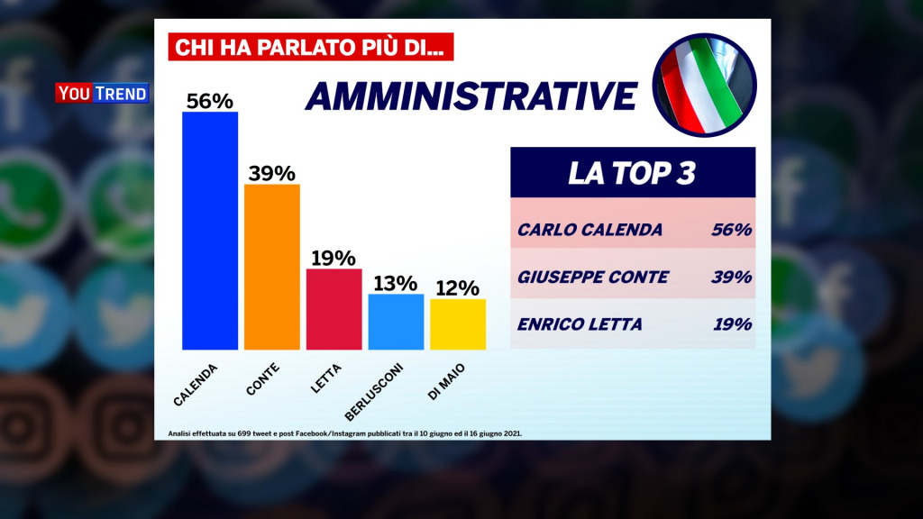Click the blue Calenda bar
pos(210,231)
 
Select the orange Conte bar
pos(272,267)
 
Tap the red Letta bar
pos(334,309)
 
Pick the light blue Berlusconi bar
pos(396,322)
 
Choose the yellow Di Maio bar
pos(458,324)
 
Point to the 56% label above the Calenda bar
pos(210,100)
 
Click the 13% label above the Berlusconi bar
pos(396,282)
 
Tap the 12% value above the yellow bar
pos(458,287)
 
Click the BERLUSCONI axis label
pos(374,390)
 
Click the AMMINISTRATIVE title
pos(471,96)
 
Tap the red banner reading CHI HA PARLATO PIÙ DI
pos(310,46)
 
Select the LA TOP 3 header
pos(632,173)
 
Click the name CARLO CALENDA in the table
pos(589,230)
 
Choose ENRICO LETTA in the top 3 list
pos(580,324)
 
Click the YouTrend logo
pos(102,93)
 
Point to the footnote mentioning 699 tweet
pos(345,433)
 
